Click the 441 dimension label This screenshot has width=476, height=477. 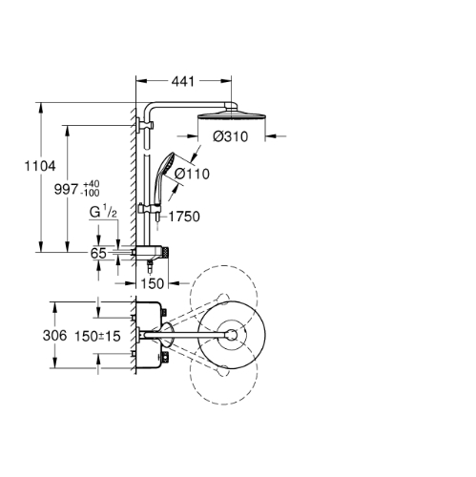click(x=183, y=81)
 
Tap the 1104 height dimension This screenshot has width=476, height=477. click(x=40, y=166)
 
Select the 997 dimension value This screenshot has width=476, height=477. click(x=66, y=189)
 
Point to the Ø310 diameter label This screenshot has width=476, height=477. click(x=230, y=136)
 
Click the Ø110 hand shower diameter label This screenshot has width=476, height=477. click(x=192, y=174)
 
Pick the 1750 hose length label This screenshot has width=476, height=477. click(x=184, y=217)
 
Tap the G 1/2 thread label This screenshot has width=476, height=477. click(x=103, y=212)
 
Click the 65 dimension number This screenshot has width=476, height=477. click(x=98, y=254)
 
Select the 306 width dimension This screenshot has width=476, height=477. click(x=54, y=336)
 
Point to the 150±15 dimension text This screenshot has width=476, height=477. click(x=97, y=336)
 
